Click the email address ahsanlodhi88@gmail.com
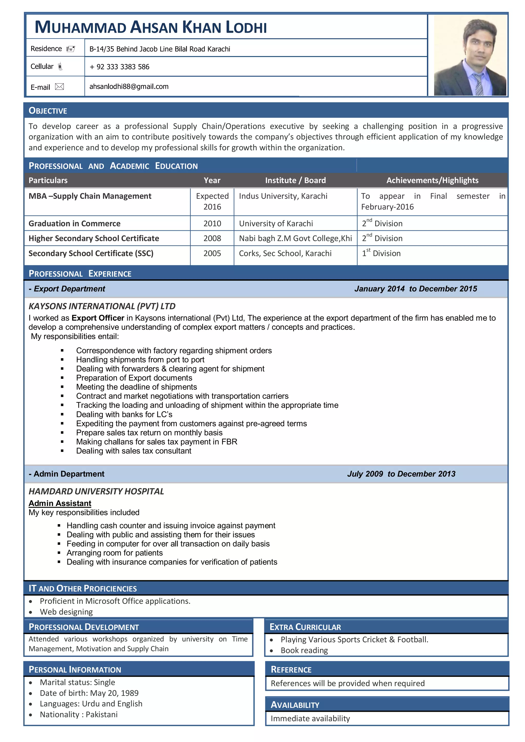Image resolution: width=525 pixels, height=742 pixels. pos(129,87)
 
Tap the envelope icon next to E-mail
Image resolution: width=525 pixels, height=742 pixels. pos(59,87)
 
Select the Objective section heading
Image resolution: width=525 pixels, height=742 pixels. pos(48,111)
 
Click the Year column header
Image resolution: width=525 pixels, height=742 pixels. pos(212,180)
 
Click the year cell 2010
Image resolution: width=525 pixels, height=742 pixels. pos(212,224)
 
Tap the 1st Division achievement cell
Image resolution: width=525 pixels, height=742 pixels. pos(381,253)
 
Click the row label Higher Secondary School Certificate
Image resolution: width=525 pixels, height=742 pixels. pos(94,239)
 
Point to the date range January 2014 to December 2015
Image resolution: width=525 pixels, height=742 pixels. pos(415,289)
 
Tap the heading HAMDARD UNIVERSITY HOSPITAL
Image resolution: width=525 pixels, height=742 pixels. pos(96,491)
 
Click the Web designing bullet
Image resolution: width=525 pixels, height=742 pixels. pos(66,612)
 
